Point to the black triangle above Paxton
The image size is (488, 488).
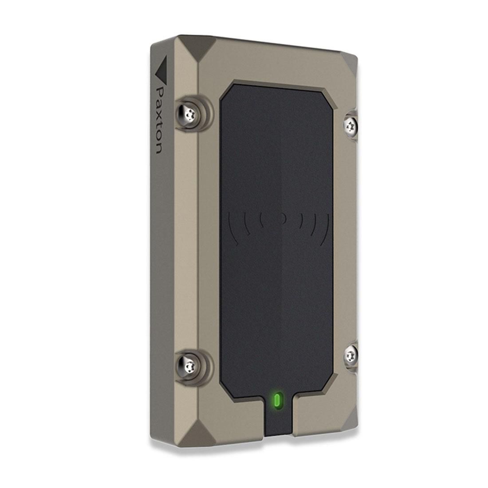[163, 69]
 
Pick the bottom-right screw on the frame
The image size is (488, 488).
[351, 355]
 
